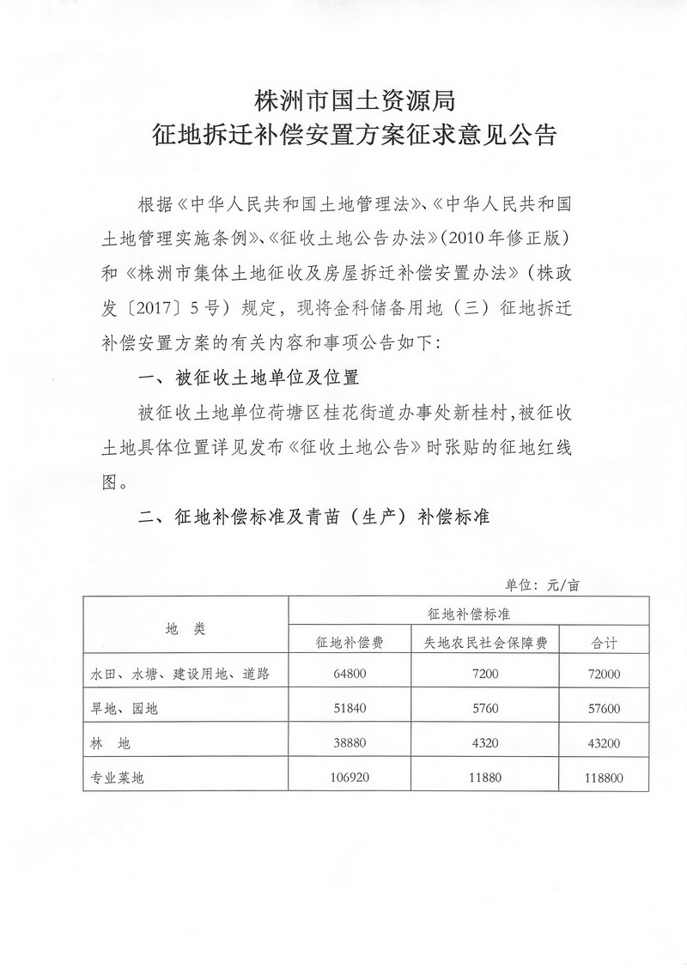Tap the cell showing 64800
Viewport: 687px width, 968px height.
click(x=350, y=675)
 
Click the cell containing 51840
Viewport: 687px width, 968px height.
click(x=350, y=709)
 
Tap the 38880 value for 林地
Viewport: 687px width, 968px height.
click(x=350, y=743)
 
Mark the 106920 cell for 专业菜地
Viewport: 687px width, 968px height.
click(x=350, y=778)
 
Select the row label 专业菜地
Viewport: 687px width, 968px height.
click(x=121, y=779)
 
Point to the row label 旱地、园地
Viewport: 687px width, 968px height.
click(x=125, y=709)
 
